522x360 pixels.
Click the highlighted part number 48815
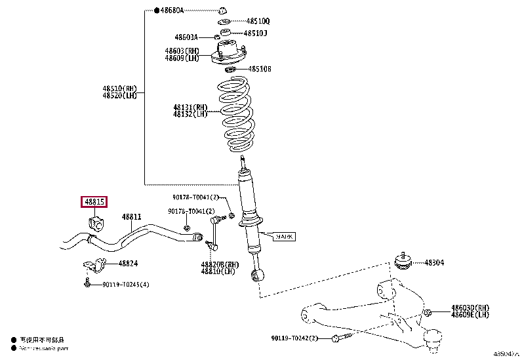click(x=94, y=203)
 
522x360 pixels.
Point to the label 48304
click(x=433, y=262)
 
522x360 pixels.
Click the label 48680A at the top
click(x=172, y=11)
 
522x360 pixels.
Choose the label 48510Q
click(x=256, y=21)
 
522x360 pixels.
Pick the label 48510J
click(x=255, y=33)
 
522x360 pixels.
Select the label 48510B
click(x=257, y=69)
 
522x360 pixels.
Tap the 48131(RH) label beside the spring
click(x=190, y=107)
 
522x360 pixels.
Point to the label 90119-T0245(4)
click(x=125, y=285)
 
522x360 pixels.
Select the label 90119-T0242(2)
click(x=294, y=338)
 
